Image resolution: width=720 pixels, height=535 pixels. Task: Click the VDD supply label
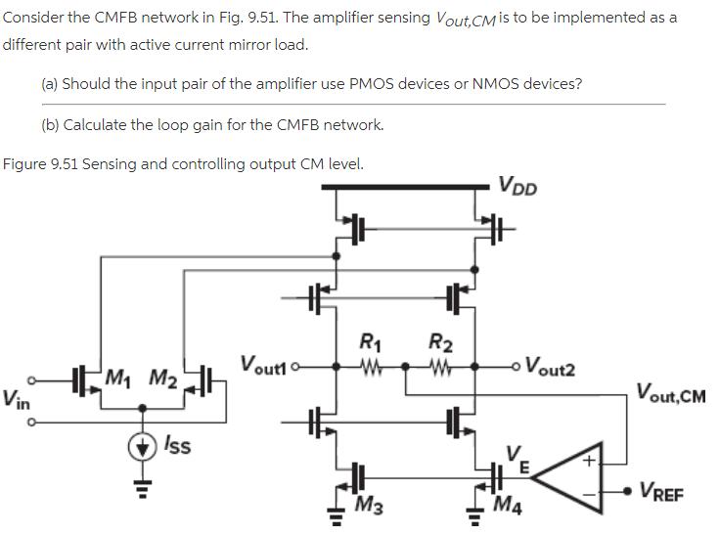click(x=517, y=186)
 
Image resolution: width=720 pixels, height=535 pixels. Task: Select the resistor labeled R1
click(x=370, y=368)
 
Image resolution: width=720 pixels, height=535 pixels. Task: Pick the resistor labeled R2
click(x=440, y=368)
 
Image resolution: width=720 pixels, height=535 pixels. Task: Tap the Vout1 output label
click(x=263, y=365)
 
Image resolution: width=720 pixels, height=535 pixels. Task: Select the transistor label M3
click(x=369, y=506)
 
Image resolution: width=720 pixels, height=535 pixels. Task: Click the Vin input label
click(x=16, y=398)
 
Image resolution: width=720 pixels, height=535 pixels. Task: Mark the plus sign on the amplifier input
click(x=590, y=459)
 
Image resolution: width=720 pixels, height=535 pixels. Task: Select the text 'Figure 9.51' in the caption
click(x=39, y=163)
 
